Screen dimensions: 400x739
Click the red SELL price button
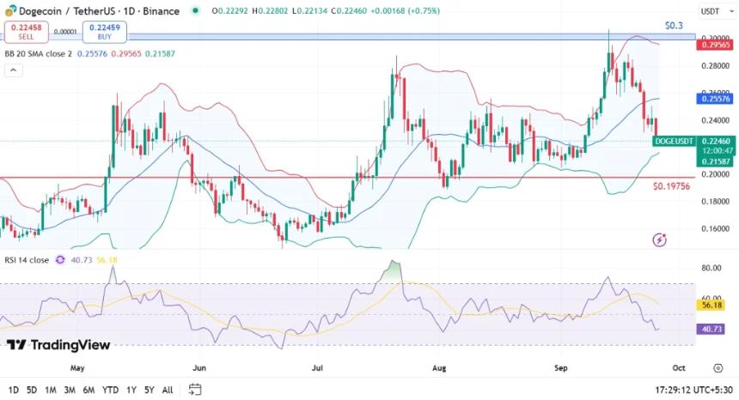click(26, 32)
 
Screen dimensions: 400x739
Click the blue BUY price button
click(104, 32)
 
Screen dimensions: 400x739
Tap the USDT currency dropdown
click(712, 11)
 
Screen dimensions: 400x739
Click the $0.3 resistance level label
click(675, 26)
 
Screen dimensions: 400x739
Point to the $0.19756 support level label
click(672, 186)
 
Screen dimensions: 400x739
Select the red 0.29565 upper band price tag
click(715, 45)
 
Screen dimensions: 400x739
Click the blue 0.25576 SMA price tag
click(715, 100)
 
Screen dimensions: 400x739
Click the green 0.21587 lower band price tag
click(715, 161)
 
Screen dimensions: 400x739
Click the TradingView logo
click(58, 345)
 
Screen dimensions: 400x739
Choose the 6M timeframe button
click(89, 390)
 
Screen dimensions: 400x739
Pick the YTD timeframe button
click(110, 390)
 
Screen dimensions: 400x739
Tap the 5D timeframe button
click(32, 390)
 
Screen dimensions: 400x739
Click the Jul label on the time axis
click(318, 367)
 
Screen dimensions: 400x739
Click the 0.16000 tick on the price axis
click(714, 229)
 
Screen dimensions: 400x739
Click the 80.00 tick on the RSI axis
click(711, 268)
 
